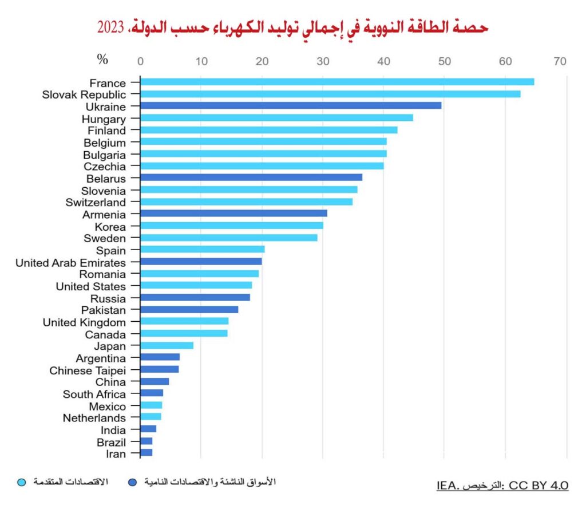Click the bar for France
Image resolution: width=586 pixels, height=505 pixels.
pyautogui.click(x=336, y=82)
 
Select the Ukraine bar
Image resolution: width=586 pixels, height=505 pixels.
pyautogui.click(x=291, y=106)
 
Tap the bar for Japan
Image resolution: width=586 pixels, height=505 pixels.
pyautogui.click(x=167, y=345)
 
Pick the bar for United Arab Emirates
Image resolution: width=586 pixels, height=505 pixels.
pyautogui.click(x=201, y=262)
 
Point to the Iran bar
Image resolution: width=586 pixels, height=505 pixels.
pyautogui.click(x=146, y=453)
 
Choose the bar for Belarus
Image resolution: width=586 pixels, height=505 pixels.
pyautogui.click(x=251, y=177)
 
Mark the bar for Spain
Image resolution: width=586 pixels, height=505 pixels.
pyautogui.click(x=202, y=250)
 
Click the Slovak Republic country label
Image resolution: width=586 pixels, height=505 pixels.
pyautogui.click(x=84, y=94)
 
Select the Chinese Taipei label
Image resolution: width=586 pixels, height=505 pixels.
pyautogui.click(x=88, y=370)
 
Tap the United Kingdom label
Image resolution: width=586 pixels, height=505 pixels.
pyautogui.click(x=84, y=322)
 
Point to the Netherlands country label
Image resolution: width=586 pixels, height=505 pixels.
pyautogui.click(x=94, y=418)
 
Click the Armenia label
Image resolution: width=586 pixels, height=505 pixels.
pyautogui.click(x=104, y=214)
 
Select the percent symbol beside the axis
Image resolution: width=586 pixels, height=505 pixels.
pyautogui.click(x=102, y=60)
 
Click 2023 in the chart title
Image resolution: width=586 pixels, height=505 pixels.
pyautogui.click(x=110, y=27)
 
